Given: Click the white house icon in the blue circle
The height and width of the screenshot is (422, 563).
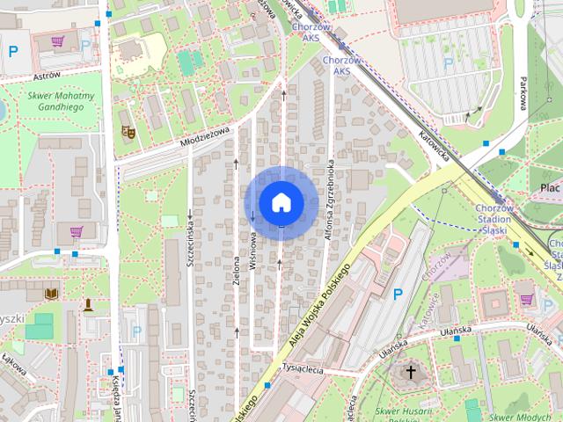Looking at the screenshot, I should (x=281, y=202).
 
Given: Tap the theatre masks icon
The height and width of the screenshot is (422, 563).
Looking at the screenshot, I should (x=128, y=132).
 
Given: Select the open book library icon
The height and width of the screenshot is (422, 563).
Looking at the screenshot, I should (x=52, y=294).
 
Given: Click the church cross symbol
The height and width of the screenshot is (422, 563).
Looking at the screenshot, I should (x=410, y=373).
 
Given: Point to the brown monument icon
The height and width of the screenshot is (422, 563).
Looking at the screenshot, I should (x=88, y=305).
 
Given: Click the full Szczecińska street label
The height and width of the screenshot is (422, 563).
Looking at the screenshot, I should (x=191, y=235).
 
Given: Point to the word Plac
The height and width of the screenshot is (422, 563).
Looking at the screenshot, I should (x=551, y=188).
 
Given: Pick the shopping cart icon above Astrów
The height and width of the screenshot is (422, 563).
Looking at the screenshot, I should (x=58, y=41).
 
